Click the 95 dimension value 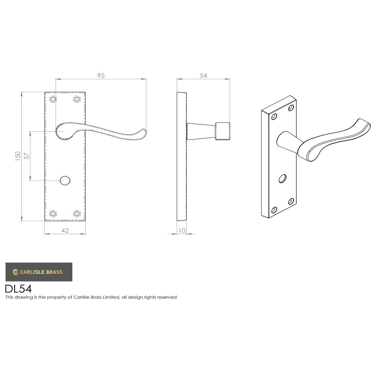point(101,75)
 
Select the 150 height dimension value point(18,156)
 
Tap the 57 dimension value point(26,156)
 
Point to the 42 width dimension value point(65,230)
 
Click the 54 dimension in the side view point(203,75)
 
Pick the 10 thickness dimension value point(182,230)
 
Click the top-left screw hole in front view point(53,99)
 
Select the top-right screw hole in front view point(77,99)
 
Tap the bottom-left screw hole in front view point(53,213)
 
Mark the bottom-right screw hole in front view point(77,213)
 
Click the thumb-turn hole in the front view point(65,181)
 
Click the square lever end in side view point(222,131)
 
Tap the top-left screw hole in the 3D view point(274,117)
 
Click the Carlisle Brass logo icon point(15,272)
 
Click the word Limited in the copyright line point(111,297)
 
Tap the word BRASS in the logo point(54,272)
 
